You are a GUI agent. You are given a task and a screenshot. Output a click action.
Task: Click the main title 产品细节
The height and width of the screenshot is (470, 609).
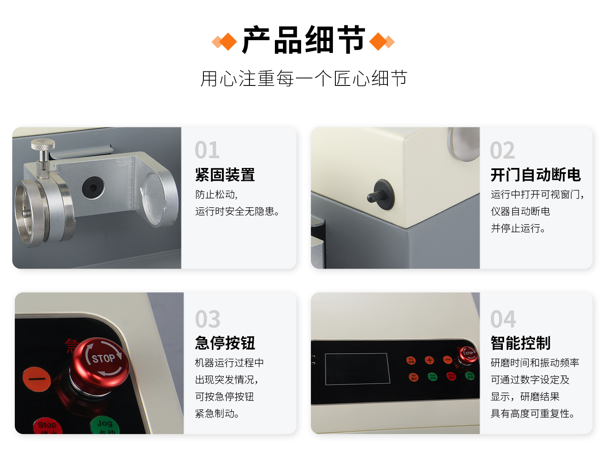pyautogui.click(x=303, y=40)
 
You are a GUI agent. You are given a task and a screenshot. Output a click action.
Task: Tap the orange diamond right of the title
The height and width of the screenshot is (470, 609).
pyautogui.click(x=379, y=41)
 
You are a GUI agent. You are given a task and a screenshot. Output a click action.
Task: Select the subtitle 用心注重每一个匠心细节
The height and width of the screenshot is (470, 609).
pyautogui.click(x=304, y=79)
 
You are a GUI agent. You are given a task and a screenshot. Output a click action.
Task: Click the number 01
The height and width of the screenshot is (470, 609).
pyautogui.click(x=207, y=150)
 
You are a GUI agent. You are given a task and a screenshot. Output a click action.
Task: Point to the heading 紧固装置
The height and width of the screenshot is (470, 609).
pyautogui.click(x=225, y=175)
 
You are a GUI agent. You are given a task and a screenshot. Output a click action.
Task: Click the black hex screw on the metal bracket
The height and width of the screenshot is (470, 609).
pyautogui.click(x=93, y=187)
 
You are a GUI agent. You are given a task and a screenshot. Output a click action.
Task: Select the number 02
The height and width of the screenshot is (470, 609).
pyautogui.click(x=502, y=151)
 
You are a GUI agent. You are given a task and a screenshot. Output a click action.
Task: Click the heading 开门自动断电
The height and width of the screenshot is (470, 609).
pyautogui.click(x=535, y=175)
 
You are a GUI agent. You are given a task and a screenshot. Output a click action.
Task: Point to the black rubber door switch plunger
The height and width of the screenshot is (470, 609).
pyautogui.click(x=381, y=195)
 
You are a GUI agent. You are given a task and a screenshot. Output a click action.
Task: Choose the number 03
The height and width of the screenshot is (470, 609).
pyautogui.click(x=208, y=319)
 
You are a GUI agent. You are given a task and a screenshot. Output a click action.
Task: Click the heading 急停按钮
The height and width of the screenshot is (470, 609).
pyautogui.click(x=225, y=343)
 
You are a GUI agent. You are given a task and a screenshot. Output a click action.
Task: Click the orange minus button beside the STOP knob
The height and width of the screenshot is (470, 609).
pyautogui.click(x=37, y=379)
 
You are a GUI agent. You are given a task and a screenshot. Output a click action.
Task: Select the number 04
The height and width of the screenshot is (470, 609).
pyautogui.click(x=503, y=319)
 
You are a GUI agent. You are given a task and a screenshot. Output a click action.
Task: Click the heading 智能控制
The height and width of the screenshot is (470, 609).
pyautogui.click(x=520, y=343)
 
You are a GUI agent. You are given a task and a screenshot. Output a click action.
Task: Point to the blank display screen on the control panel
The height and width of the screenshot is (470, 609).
pyautogui.click(x=357, y=369)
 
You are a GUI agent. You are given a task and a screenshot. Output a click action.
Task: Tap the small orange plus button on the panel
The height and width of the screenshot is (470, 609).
pyautogui.click(x=429, y=360)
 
